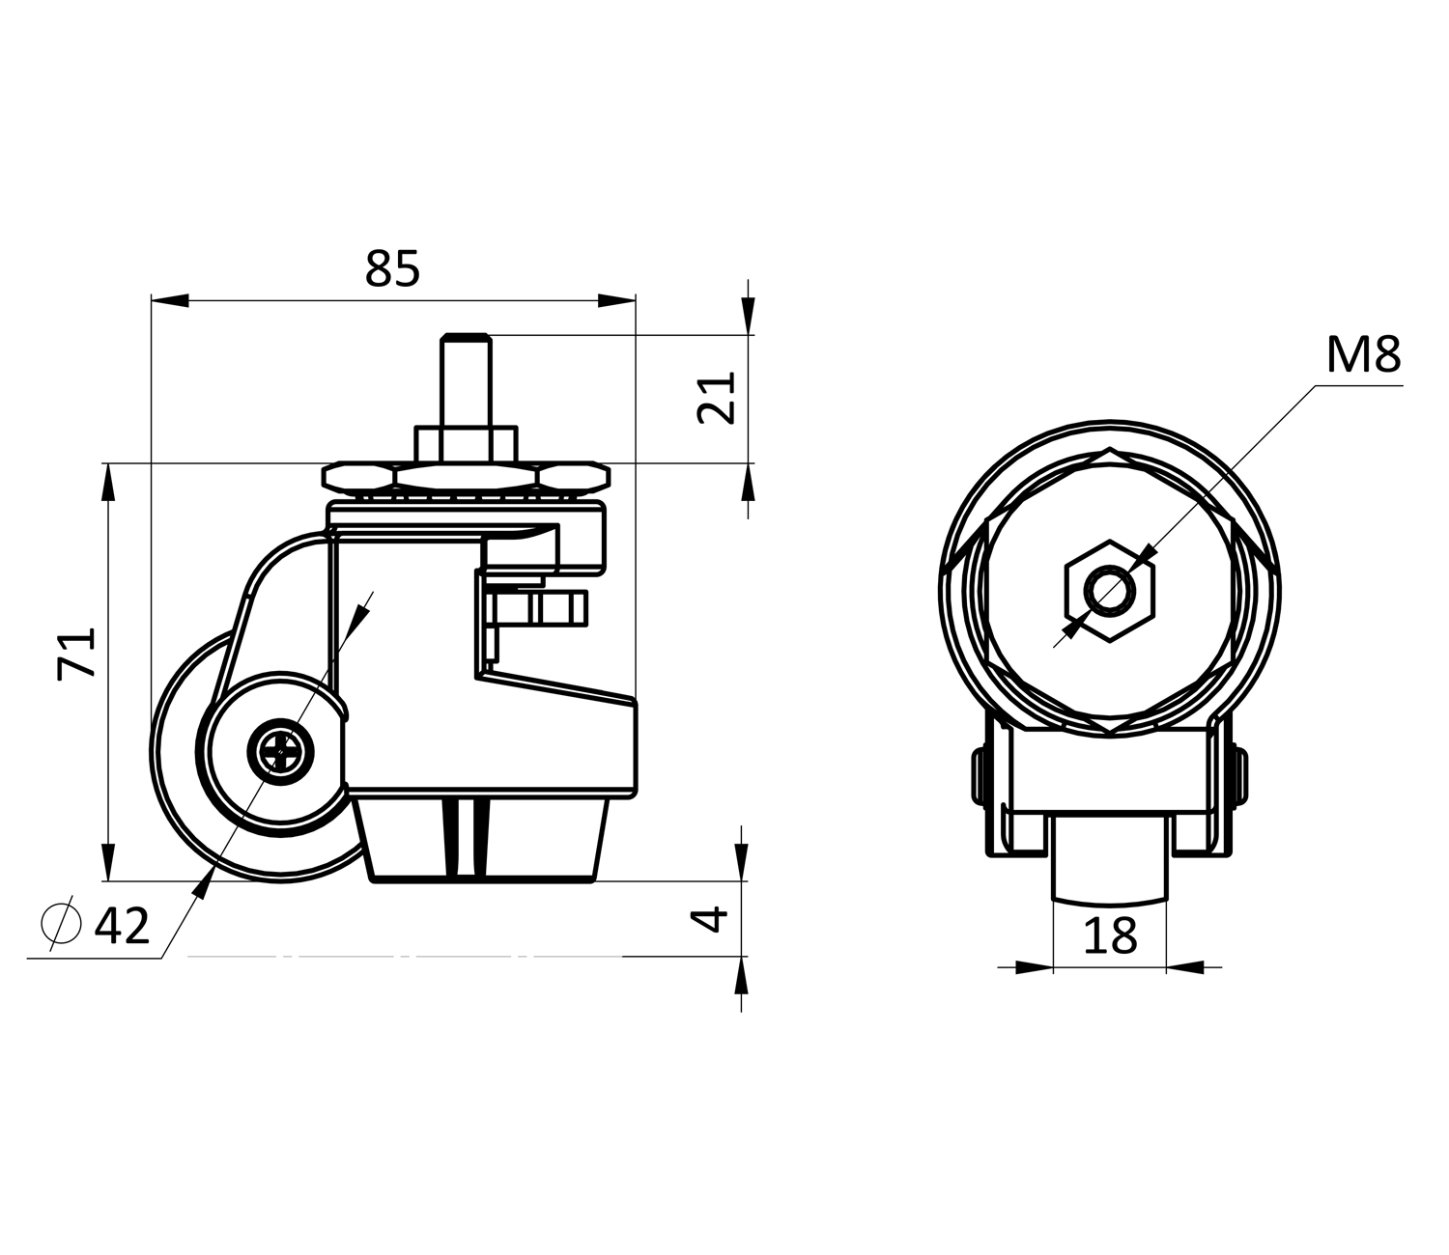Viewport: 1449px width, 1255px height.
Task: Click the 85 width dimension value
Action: pos(392,269)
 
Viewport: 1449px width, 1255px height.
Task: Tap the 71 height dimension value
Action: pos(76,654)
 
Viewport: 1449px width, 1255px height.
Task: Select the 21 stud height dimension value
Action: pos(717,398)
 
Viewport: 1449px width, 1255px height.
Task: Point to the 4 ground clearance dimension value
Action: pos(709,919)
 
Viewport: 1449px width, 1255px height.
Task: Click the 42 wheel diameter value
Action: pos(122,926)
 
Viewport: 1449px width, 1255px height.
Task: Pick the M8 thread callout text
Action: pos(1363,354)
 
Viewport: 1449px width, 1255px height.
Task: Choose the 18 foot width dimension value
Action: pos(1110,935)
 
